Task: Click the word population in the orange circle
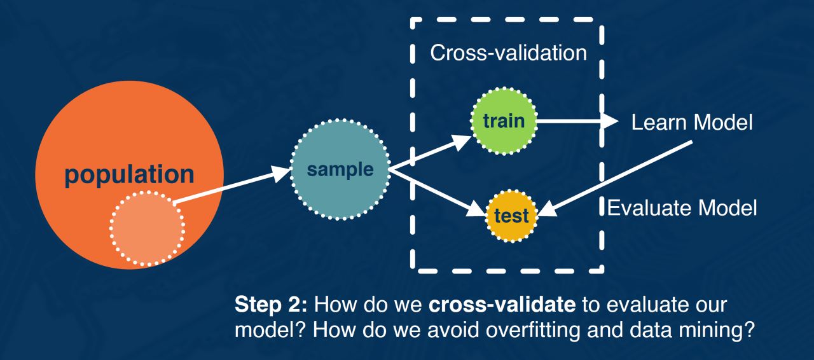click(129, 174)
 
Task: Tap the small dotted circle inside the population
click(147, 228)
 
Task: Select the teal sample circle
click(340, 169)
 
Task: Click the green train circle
click(503, 121)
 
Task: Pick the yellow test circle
click(512, 216)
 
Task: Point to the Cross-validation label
click(508, 53)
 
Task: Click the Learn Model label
click(692, 122)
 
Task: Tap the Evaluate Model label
click(682, 208)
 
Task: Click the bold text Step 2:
click(272, 305)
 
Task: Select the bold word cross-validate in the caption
click(502, 305)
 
